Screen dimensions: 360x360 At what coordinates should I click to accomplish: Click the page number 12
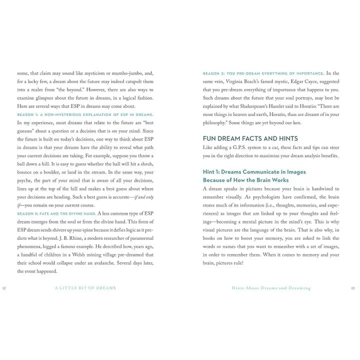(x=4, y=288)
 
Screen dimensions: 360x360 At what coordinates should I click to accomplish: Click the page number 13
(x=353, y=288)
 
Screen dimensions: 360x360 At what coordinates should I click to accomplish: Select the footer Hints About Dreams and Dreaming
(x=271, y=288)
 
